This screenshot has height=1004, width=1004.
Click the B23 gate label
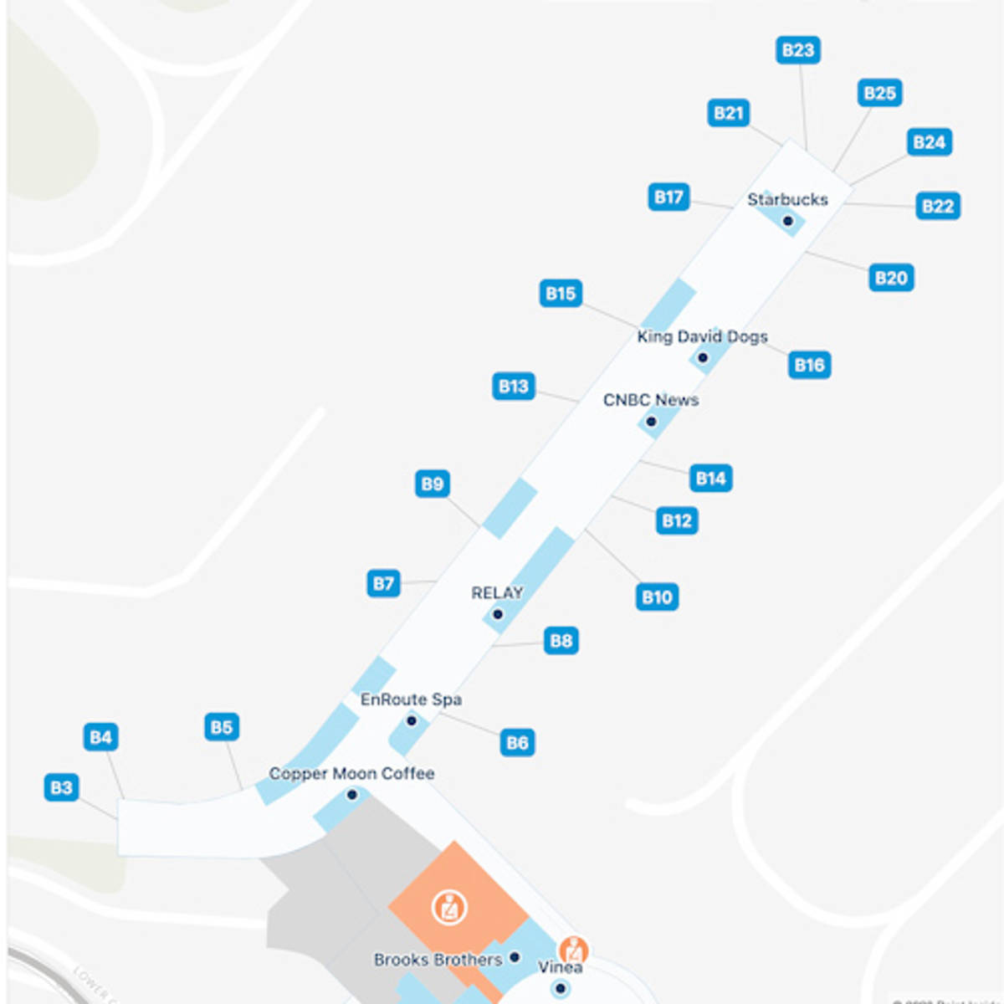point(797,50)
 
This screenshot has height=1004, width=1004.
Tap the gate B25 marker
point(879,93)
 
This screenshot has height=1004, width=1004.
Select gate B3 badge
point(61,787)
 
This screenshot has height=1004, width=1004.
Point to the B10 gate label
point(657,597)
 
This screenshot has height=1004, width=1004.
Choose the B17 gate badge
point(668,197)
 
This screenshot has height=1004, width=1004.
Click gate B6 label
point(517,742)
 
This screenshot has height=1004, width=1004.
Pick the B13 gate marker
point(513,386)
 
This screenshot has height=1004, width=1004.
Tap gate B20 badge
point(890,278)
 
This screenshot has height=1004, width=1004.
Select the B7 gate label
point(383,583)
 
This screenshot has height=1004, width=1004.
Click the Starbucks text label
point(787,199)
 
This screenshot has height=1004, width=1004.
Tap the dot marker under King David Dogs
point(703,358)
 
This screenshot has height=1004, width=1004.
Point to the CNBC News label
point(651,400)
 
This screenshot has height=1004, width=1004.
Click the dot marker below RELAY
point(498,614)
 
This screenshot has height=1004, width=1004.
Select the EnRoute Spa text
point(411,699)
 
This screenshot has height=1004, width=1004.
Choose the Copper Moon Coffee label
point(351,773)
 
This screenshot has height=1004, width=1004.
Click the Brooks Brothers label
point(438,960)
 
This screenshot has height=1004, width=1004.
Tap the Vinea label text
point(560,967)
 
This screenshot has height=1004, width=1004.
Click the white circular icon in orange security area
point(449,907)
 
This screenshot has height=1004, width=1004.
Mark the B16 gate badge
point(809,365)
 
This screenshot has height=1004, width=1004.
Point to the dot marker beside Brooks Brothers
point(515,957)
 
